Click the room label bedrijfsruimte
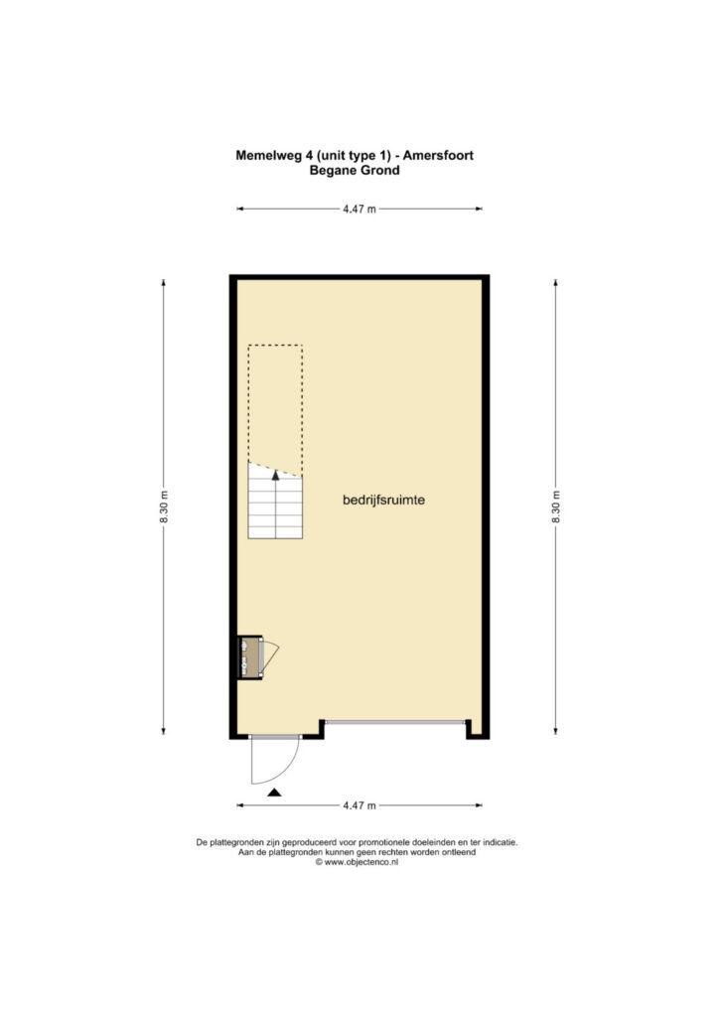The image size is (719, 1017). coord(383,501)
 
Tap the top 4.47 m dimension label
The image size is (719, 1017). coord(359,209)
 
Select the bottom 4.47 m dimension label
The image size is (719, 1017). coord(359,805)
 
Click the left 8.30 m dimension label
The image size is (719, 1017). coord(164,508)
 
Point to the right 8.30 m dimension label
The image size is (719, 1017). coord(555,508)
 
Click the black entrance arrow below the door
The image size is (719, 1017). coord(274,792)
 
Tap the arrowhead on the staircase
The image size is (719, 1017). coord(275,476)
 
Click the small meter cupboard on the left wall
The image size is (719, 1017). coord(249,657)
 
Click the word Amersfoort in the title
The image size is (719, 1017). coord(438,155)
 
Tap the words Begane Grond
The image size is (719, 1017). coord(355,170)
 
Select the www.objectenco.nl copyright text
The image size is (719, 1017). coord(357,862)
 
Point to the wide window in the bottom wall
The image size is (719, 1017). coord(395,722)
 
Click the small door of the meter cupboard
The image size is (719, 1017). coord(270,655)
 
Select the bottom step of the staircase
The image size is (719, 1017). coord(275,532)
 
